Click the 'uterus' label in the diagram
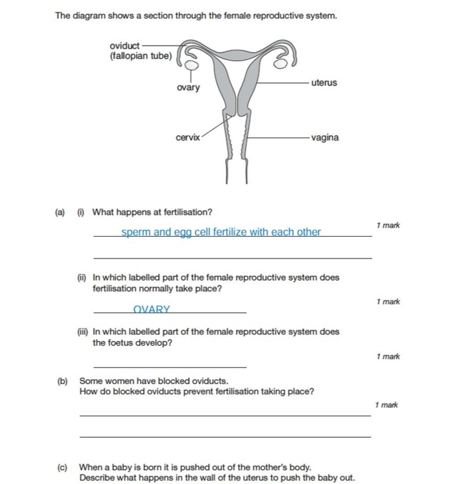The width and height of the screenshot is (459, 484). pos(324,83)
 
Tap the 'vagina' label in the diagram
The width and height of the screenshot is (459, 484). pos(325,137)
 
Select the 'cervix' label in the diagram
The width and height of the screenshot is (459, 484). pos(188,137)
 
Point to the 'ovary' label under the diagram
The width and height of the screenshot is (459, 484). pos(188,87)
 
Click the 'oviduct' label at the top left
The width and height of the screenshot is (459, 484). pos(125,46)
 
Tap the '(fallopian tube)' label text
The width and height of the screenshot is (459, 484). pos(140,56)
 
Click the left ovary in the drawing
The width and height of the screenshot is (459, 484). pos(191,65)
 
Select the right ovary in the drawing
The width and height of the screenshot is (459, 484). pos(281,64)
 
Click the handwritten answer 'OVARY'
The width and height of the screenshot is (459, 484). pos(152,309)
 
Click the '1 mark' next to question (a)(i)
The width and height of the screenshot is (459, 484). pos(388,225)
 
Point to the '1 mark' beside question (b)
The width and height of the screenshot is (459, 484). pos(386,405)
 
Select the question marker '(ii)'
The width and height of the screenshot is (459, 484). pos(82,278)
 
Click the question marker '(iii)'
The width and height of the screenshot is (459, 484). pos(82,332)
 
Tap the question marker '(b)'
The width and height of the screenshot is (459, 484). pos(62,381)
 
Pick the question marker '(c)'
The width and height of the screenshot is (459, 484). pos(62,467)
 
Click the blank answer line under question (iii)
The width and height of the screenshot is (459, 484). pos(169,367)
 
